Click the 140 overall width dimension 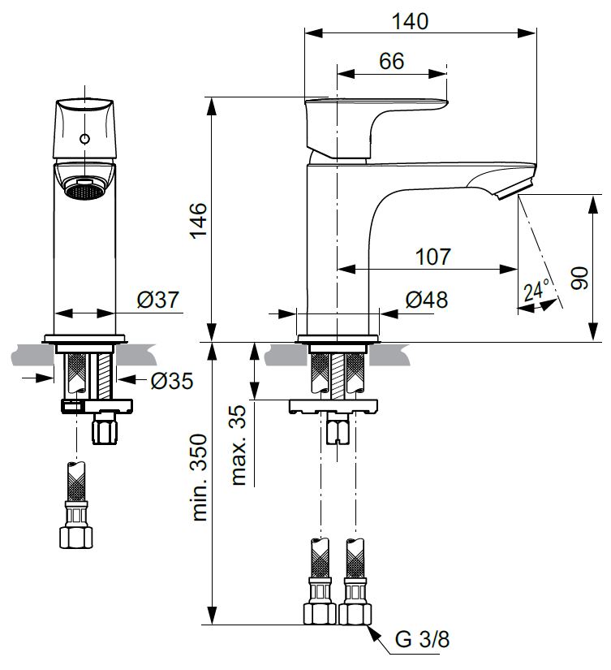point(411,21)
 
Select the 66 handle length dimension point(391,62)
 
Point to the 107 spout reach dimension point(432,257)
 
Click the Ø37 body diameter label point(157,300)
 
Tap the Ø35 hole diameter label point(170,379)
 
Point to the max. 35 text point(239,443)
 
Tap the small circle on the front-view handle point(84,139)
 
